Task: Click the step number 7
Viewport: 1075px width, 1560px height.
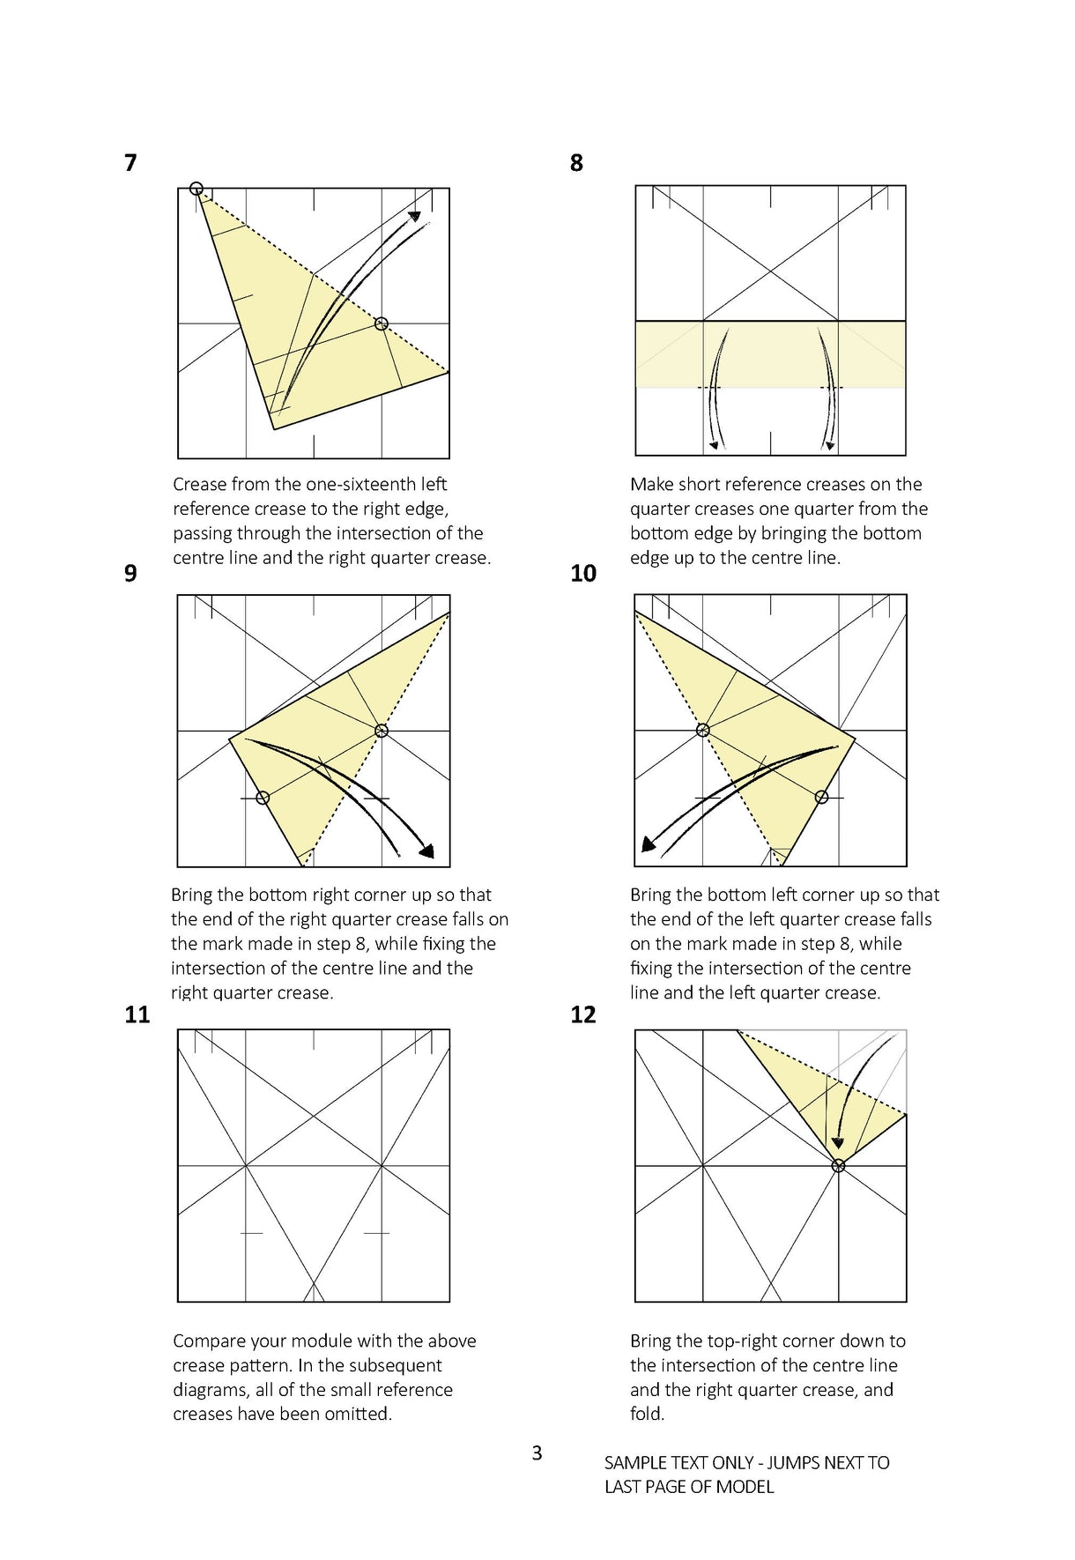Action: pos(130,163)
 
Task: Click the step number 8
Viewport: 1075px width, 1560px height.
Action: pos(576,163)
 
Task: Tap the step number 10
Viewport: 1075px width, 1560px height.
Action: pos(582,574)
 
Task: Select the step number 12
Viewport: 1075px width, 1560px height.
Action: pos(582,1014)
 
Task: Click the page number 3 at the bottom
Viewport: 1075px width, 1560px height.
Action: pos(537,1452)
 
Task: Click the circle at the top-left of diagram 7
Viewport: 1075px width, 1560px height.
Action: pos(196,189)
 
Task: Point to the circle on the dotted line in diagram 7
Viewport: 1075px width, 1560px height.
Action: pos(381,323)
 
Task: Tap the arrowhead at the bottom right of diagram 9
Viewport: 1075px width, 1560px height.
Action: pos(427,851)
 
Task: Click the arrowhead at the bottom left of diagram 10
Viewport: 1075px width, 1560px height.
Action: pos(649,845)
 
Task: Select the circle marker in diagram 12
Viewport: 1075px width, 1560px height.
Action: pos(838,1165)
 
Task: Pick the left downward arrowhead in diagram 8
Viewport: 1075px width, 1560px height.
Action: pos(714,445)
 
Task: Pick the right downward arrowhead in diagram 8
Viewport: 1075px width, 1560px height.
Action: pos(829,445)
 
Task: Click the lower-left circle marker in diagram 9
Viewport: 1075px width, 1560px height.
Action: pos(263,798)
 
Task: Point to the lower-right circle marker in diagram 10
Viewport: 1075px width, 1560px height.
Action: pos(821,798)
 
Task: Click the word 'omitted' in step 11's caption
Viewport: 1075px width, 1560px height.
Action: pos(358,1414)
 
